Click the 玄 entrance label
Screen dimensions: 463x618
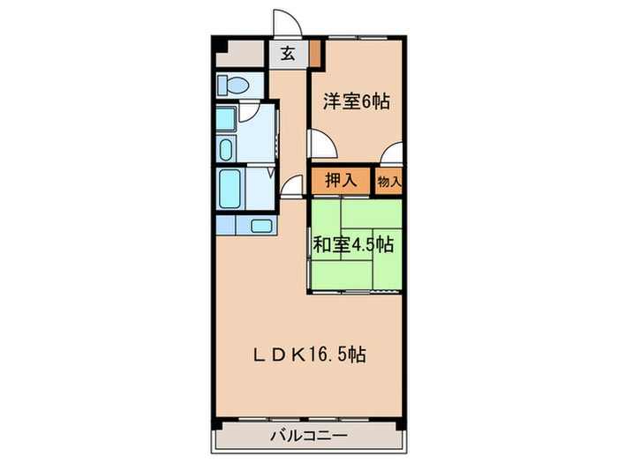tap(288, 54)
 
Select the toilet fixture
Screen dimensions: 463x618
tap(235, 86)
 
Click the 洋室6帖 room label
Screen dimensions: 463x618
tap(356, 101)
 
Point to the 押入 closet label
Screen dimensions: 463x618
tap(341, 181)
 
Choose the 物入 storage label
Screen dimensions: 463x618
tap(389, 181)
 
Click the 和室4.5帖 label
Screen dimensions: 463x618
tap(353, 244)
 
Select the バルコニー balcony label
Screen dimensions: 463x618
tap(308, 435)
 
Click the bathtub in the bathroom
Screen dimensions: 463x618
tap(232, 186)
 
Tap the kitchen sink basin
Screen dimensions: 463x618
tap(260, 225)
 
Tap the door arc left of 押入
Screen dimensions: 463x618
tap(293, 184)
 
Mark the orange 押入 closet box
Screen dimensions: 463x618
tap(341, 181)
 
